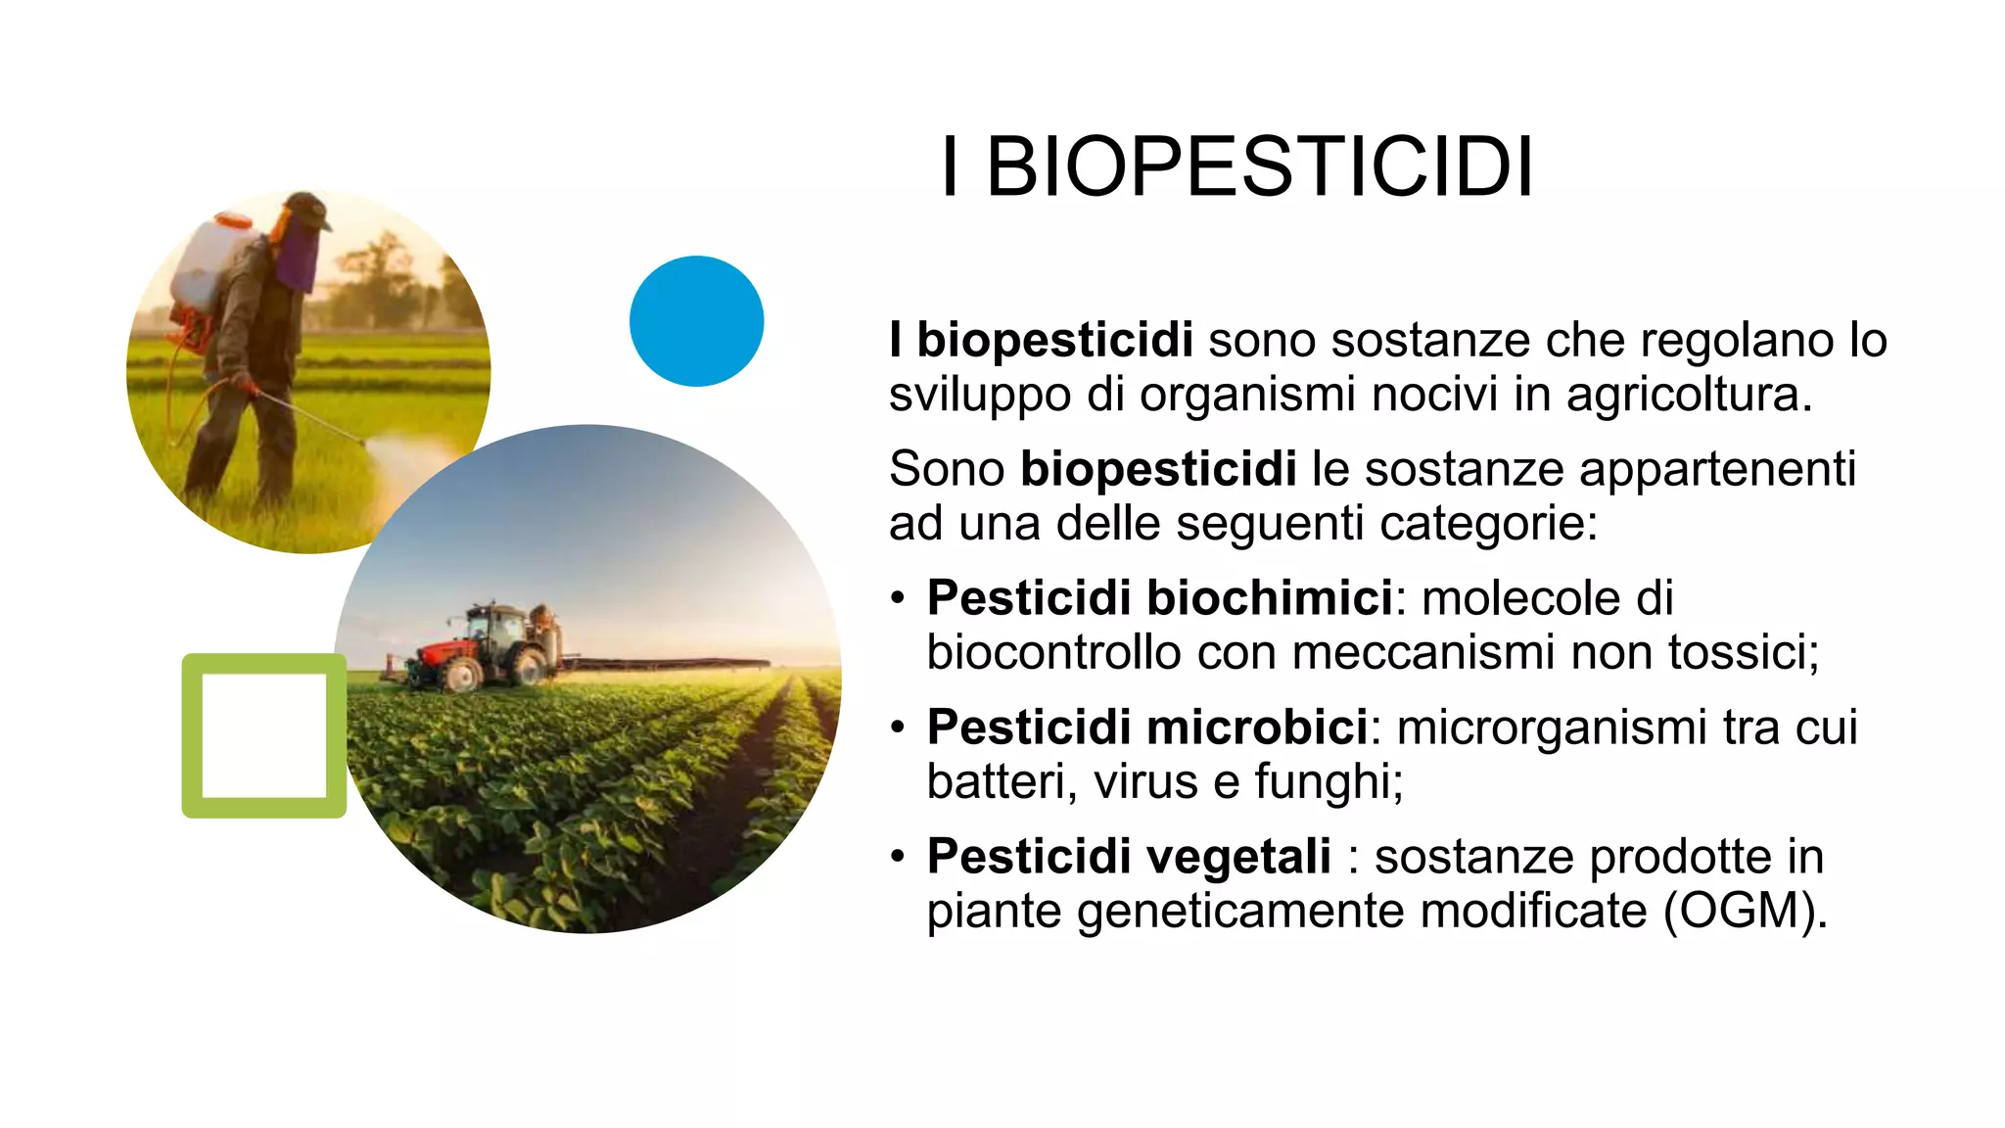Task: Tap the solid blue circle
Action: click(696, 321)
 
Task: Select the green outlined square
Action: click(263, 735)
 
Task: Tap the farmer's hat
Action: click(306, 208)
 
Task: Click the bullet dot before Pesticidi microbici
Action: click(898, 728)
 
